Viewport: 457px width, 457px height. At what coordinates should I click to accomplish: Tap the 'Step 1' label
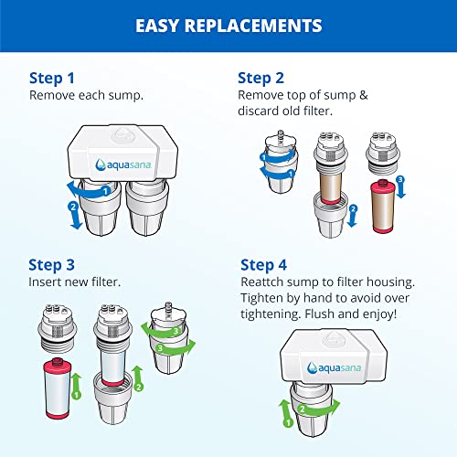pyautogui.click(x=54, y=78)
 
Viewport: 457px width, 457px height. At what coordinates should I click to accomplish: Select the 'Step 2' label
pyautogui.click(x=262, y=78)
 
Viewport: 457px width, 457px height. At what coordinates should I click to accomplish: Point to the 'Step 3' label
pyautogui.click(x=54, y=265)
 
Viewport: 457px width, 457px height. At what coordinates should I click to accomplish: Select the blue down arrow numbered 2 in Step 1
pyautogui.click(x=76, y=210)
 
